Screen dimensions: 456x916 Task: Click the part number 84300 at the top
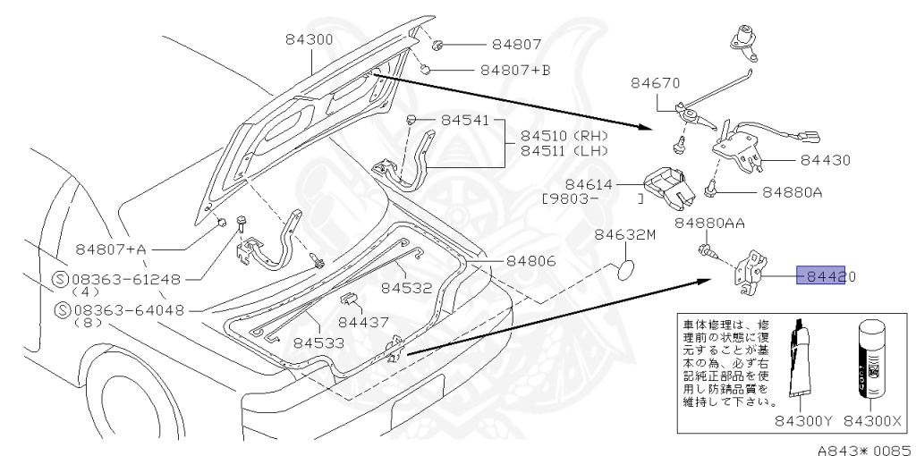[310, 40]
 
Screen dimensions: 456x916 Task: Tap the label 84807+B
[515, 69]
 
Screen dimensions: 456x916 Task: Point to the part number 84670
[657, 84]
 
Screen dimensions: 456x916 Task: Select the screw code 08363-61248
[127, 279]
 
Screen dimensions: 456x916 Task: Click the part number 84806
[530, 261]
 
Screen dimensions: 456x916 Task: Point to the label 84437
[363, 320]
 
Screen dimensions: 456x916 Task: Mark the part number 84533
[319, 342]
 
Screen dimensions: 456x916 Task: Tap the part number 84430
[825, 161]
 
